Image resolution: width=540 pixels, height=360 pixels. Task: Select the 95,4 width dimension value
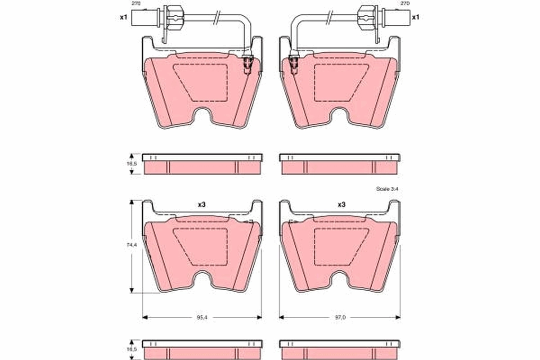[x=202, y=317]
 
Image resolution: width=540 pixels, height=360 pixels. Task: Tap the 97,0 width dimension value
[x=340, y=317]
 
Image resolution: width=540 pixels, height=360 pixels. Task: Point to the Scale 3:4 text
[x=387, y=189]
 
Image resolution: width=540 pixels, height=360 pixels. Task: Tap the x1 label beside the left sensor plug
[x=124, y=17]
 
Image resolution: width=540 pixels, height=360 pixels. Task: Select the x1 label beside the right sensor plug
[x=415, y=17]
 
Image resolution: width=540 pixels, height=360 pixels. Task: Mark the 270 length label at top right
[x=405, y=3]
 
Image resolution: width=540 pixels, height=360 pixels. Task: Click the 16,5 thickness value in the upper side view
[x=131, y=164]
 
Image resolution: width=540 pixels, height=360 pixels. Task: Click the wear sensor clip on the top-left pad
[x=247, y=64]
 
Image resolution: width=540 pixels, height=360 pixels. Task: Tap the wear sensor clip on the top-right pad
[x=294, y=64]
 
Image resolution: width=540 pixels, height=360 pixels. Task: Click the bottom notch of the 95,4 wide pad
[x=202, y=280]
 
